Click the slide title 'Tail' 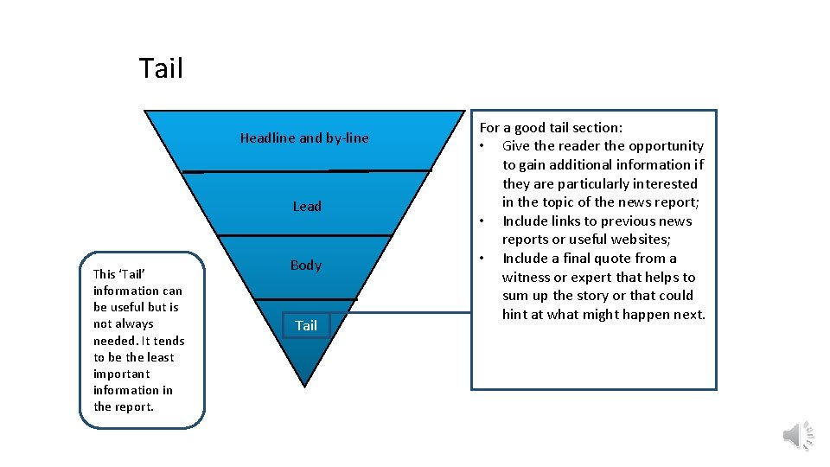(x=161, y=68)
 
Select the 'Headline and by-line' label (x=303, y=138)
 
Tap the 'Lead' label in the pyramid (x=306, y=206)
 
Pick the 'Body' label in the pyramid (x=305, y=265)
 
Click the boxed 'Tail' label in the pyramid (x=306, y=325)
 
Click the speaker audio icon (x=797, y=435)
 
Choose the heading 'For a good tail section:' (x=551, y=127)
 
